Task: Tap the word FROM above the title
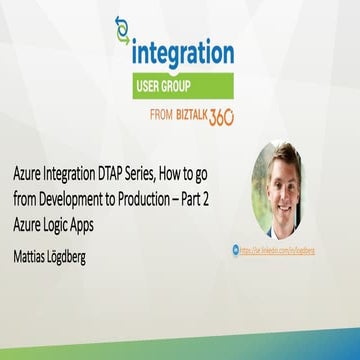160,115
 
